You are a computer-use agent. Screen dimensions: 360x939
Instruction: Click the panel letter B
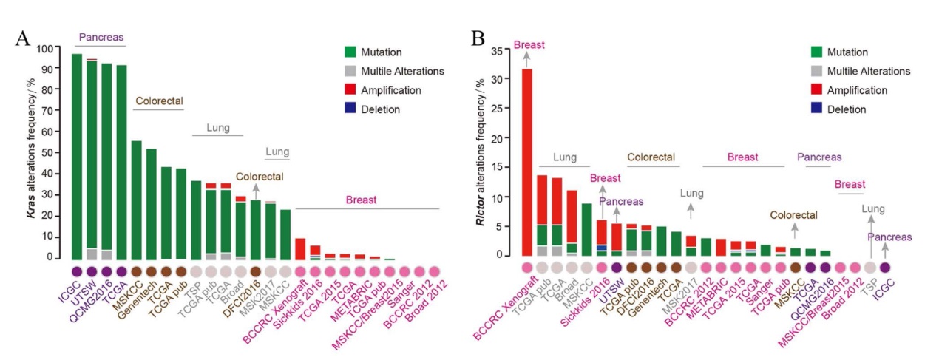tap(478, 38)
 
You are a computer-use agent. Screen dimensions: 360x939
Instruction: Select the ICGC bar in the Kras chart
tap(77, 156)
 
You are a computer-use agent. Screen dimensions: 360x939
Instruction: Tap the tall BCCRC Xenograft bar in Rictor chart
tap(527, 163)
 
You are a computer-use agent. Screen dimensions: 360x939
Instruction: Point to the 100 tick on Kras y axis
tap(47, 50)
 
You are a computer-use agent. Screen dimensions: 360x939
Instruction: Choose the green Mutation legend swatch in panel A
tap(351, 52)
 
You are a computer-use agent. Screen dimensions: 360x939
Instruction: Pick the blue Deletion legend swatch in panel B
tap(817, 110)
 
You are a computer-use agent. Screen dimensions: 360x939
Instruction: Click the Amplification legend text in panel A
tap(392, 91)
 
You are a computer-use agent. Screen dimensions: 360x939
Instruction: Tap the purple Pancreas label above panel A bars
tap(101, 37)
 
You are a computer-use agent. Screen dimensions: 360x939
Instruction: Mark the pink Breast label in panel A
tap(362, 200)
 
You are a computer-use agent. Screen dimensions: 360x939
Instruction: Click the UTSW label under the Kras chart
tap(83, 288)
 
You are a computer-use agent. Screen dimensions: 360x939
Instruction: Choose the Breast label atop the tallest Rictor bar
tap(529, 45)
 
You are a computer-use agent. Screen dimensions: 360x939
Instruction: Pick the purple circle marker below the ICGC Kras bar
tap(77, 272)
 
